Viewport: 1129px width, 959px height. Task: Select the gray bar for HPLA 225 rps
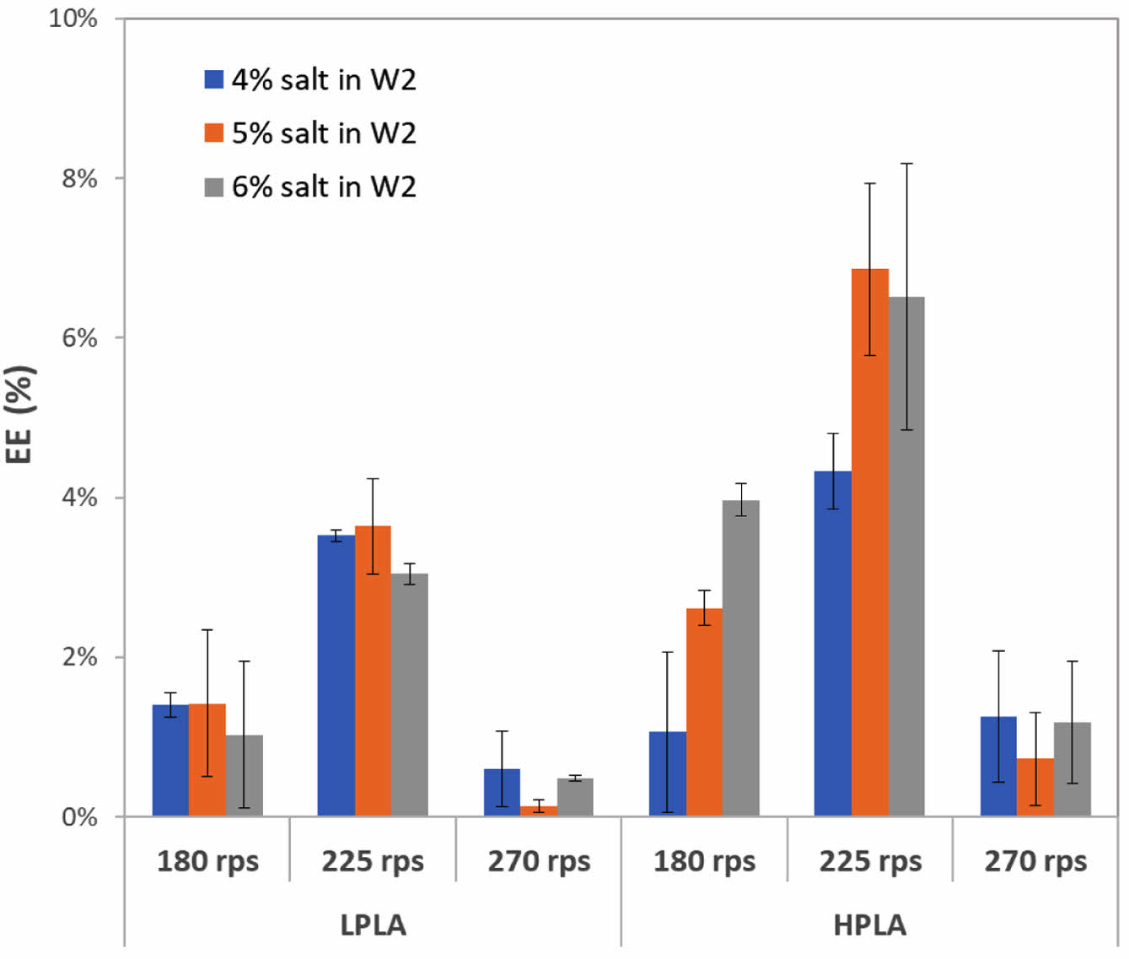click(x=906, y=557)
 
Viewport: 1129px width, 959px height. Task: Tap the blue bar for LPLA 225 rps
click(x=336, y=675)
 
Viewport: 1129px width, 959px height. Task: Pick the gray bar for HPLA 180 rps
click(x=741, y=658)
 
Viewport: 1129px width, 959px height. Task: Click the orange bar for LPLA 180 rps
click(x=207, y=759)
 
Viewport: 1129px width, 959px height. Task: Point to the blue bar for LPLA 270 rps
click(x=502, y=792)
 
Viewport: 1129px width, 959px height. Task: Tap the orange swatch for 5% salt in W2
click(x=214, y=132)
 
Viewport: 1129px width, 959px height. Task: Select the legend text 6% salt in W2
click(x=324, y=186)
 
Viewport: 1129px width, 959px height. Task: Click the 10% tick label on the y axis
click(x=73, y=18)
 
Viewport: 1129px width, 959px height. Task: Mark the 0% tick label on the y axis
click(x=80, y=816)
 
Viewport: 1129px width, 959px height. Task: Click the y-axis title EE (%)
click(x=19, y=413)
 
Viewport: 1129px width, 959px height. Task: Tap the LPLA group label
click(x=373, y=925)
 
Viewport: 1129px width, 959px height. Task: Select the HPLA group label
click(x=870, y=925)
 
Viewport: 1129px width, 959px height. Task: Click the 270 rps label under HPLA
click(x=1035, y=861)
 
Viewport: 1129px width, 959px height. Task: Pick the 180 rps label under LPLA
click(x=207, y=861)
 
